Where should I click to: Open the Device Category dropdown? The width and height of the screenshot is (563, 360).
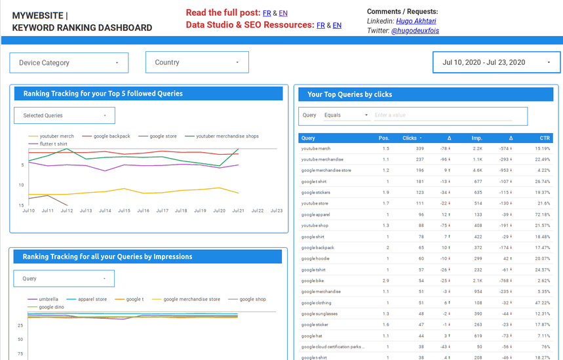click(x=69, y=63)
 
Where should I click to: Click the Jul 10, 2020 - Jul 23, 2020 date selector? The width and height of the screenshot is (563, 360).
click(x=496, y=62)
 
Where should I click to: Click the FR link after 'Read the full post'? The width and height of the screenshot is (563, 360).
click(x=267, y=13)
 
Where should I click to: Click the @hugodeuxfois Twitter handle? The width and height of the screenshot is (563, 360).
click(x=415, y=31)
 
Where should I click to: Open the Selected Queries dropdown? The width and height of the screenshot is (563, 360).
click(x=64, y=115)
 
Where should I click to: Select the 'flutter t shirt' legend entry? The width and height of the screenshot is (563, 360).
click(x=53, y=144)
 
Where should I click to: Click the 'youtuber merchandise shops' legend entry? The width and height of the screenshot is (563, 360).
click(x=227, y=136)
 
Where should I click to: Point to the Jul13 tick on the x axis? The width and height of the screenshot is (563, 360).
click(x=86, y=211)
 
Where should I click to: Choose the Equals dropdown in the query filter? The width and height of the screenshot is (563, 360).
click(x=347, y=115)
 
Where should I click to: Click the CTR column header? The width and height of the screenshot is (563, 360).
click(x=545, y=138)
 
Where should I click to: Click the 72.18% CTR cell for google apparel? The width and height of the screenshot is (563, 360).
click(x=542, y=214)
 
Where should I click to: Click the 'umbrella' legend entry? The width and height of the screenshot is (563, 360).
click(x=49, y=299)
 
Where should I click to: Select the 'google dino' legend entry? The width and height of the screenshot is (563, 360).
click(x=50, y=307)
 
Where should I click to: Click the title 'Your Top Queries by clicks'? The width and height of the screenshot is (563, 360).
click(x=349, y=94)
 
